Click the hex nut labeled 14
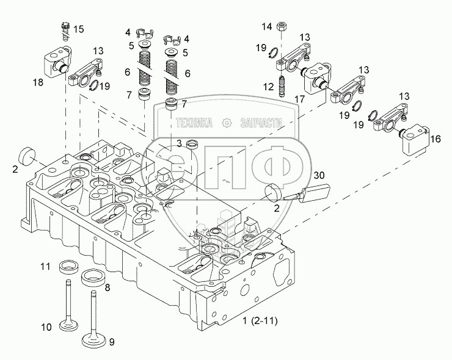click(x=281, y=26)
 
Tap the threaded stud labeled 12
click(x=282, y=85)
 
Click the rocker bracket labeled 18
click(x=57, y=62)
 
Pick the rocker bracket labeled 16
click(x=414, y=139)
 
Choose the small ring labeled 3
click(x=191, y=144)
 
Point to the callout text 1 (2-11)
click(x=260, y=320)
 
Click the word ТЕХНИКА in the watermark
click(x=194, y=123)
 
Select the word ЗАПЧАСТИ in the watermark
click(x=261, y=123)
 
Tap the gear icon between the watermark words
click(x=227, y=123)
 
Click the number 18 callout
click(x=38, y=82)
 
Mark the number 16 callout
click(x=436, y=139)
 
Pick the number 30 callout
click(x=319, y=175)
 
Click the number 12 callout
click(x=268, y=87)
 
